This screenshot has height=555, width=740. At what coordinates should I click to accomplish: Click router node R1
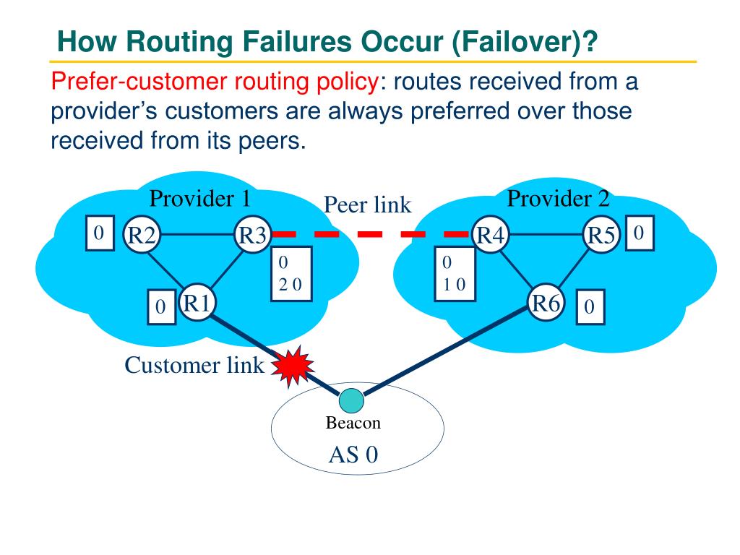click(197, 303)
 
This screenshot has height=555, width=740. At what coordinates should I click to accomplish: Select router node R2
click(142, 235)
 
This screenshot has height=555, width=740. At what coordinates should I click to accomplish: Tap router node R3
click(253, 235)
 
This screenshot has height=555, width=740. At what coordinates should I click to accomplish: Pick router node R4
click(491, 235)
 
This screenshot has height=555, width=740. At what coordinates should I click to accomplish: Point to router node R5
click(601, 235)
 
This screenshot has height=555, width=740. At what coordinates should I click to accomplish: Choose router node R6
click(546, 303)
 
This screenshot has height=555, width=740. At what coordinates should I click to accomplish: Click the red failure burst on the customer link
click(293, 366)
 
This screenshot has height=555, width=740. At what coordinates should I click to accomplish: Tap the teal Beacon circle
click(352, 401)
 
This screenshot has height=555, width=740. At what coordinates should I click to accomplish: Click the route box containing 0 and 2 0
click(292, 274)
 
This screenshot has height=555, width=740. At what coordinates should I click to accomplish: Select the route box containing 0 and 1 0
click(455, 274)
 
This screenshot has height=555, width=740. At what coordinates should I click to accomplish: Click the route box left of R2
click(100, 233)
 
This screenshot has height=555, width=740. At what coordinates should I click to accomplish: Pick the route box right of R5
click(640, 233)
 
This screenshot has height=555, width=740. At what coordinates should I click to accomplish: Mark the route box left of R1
click(162, 306)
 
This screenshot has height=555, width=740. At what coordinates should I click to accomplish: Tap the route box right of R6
click(590, 306)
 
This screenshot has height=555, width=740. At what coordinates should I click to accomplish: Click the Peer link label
click(367, 205)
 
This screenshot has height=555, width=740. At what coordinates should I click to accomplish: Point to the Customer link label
click(194, 365)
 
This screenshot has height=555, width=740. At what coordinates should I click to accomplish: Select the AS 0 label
click(353, 455)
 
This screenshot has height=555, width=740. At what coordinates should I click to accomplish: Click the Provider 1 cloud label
click(199, 198)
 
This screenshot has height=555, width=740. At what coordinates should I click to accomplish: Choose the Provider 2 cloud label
click(559, 198)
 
